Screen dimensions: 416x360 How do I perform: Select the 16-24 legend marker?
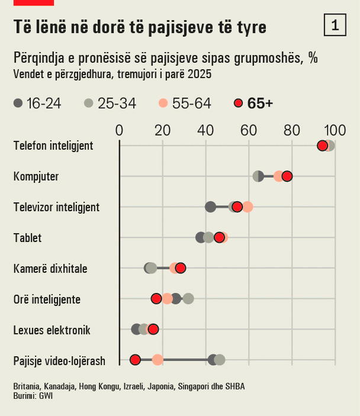(18, 104)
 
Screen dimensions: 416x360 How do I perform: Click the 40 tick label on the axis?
(205, 130)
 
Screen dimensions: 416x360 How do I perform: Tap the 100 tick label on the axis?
(335, 130)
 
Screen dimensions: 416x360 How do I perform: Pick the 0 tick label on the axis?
(120, 130)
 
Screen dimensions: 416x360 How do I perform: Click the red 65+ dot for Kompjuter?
(287, 176)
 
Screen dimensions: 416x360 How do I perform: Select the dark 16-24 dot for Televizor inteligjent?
(210, 207)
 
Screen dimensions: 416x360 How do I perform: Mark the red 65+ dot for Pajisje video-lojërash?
(135, 360)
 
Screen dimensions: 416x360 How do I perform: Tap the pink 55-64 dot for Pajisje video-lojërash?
(157, 360)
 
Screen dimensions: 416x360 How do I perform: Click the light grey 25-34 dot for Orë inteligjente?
(188, 298)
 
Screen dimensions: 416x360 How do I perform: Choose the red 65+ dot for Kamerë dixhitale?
(181, 268)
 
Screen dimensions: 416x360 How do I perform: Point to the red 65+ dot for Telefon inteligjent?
(322, 146)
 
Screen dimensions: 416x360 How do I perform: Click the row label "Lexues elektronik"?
(52, 330)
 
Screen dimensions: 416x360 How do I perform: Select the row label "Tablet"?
(27, 238)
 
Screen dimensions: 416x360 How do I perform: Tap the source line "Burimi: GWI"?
(33, 396)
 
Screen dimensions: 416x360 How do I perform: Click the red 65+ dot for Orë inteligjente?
(156, 298)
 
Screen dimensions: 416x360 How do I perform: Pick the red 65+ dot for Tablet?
(219, 237)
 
